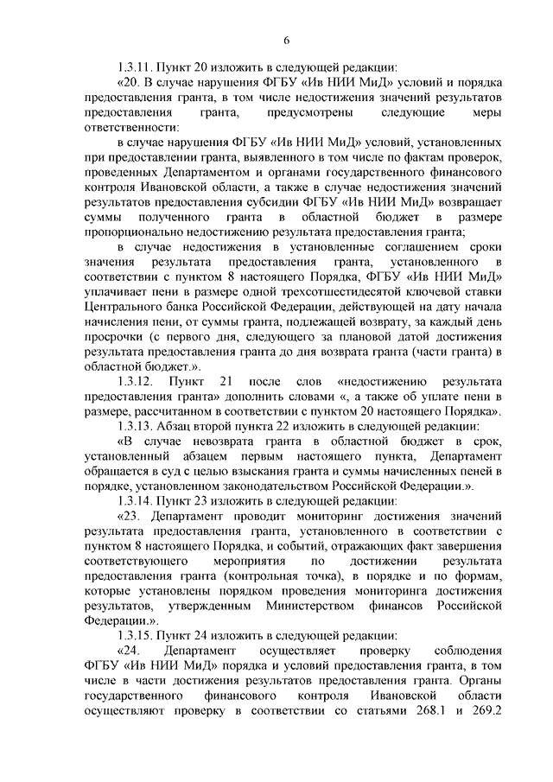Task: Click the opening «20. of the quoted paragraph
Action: (x=126, y=81)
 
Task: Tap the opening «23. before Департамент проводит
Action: (x=126, y=515)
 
